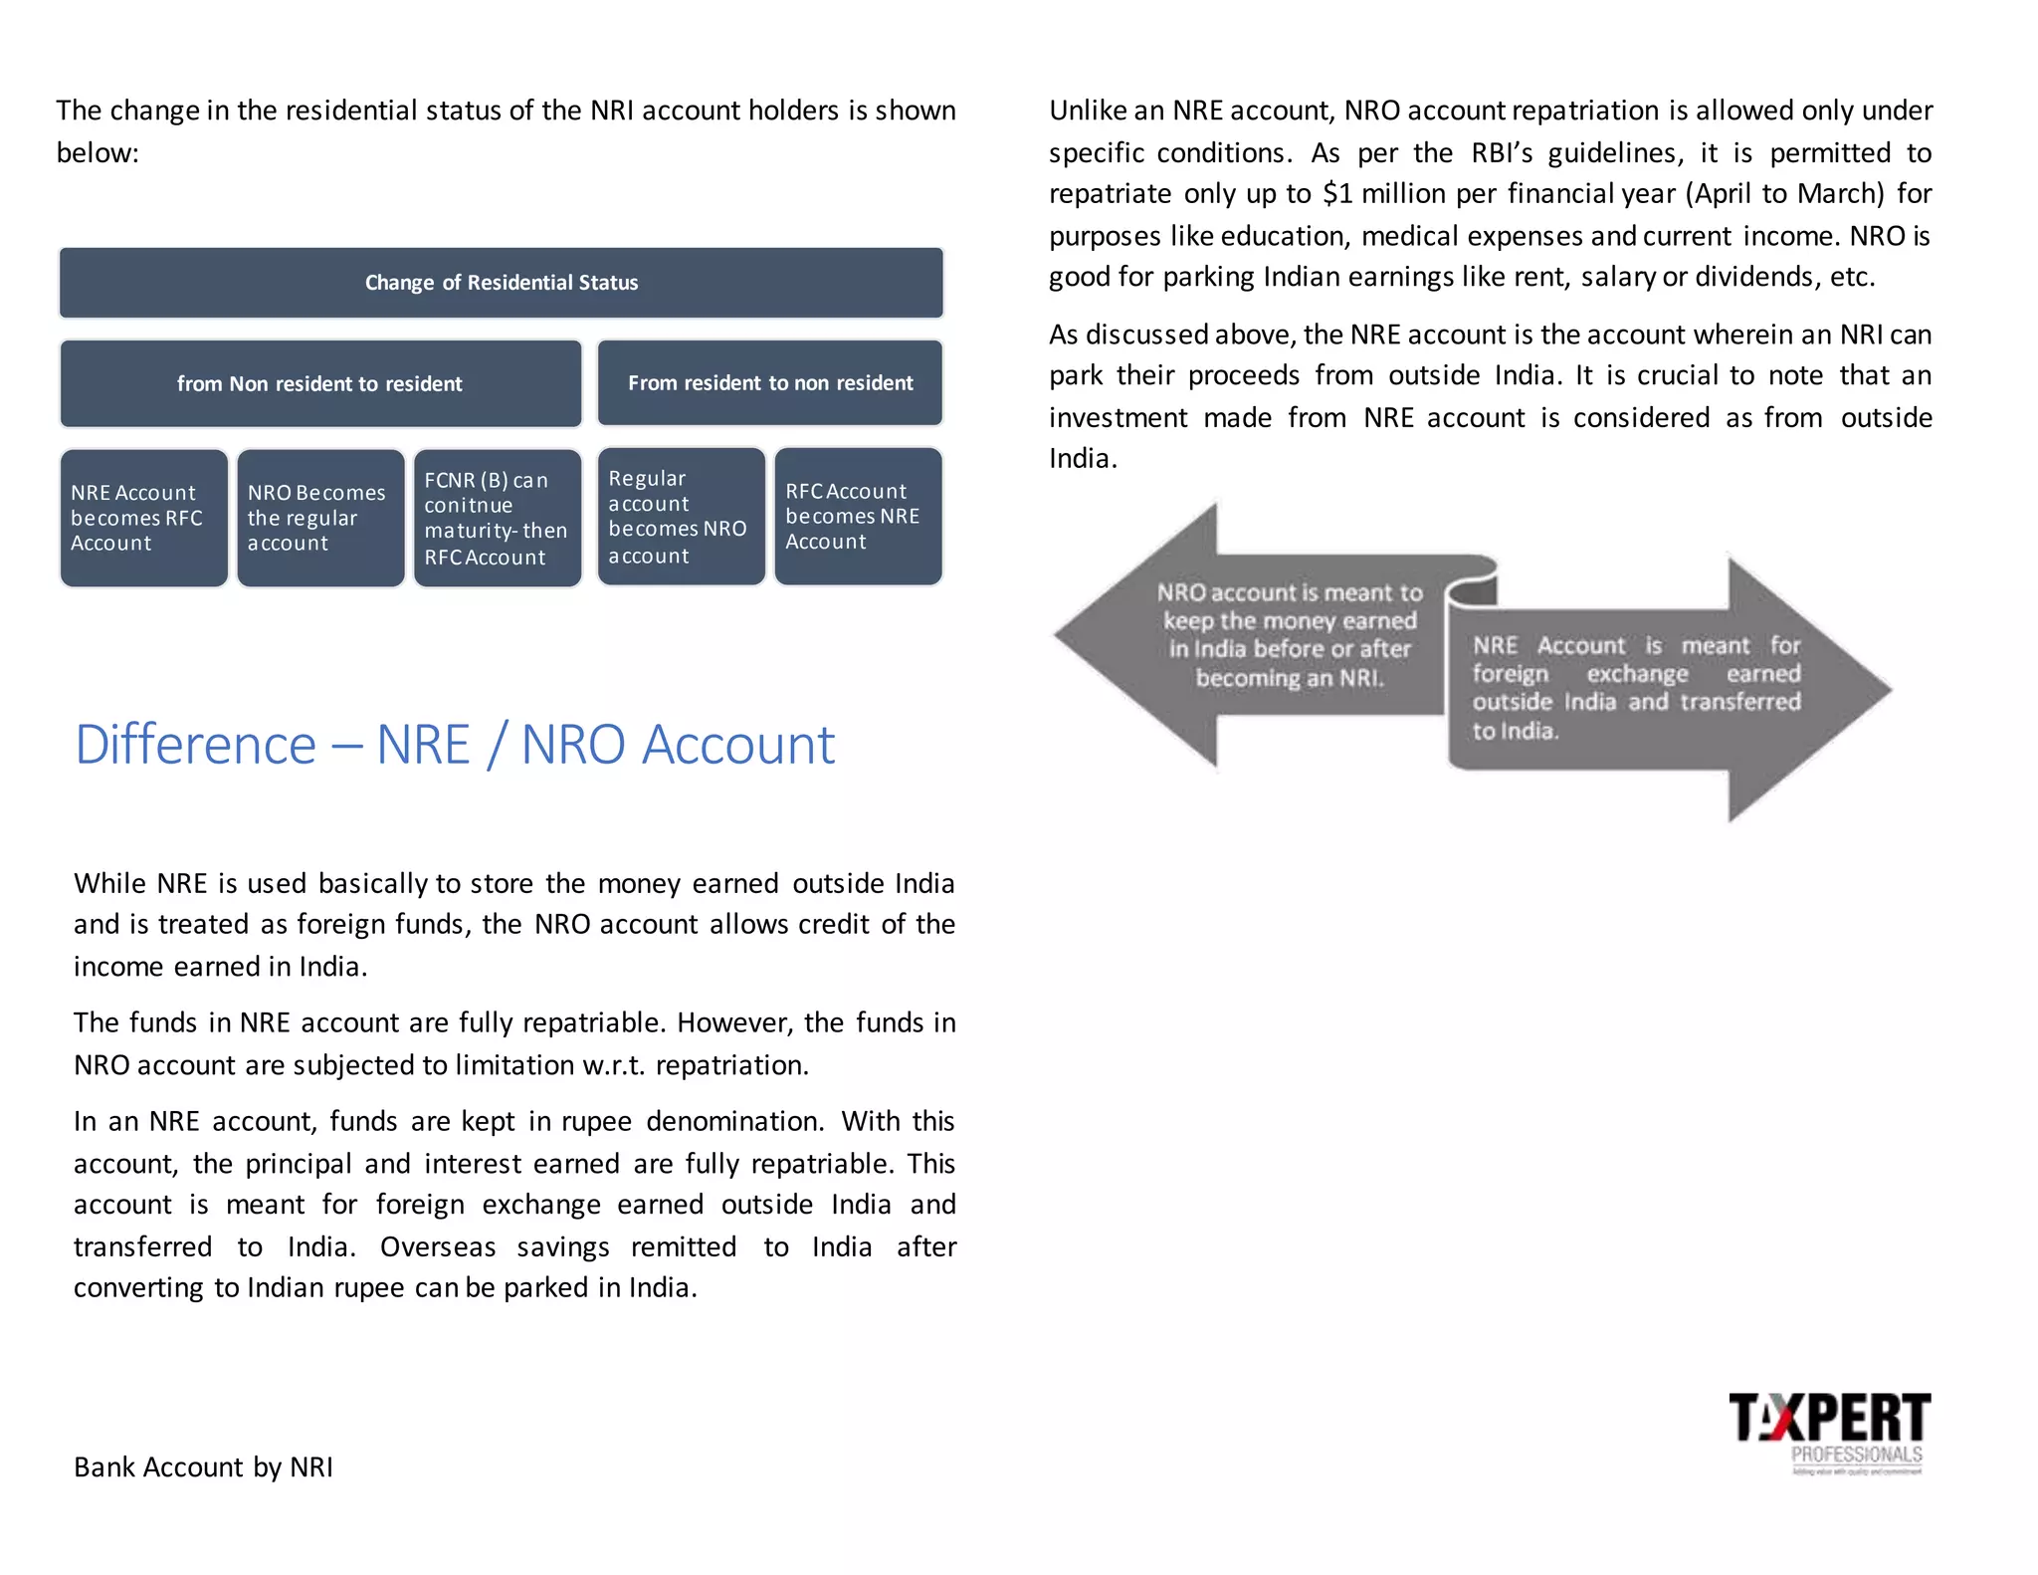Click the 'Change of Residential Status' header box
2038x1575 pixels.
tap(501, 283)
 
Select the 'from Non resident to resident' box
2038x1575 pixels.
tap(320, 383)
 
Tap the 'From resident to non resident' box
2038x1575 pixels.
tap(769, 382)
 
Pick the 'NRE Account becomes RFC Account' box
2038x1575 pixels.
tap(143, 518)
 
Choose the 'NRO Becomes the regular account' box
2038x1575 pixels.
tap(320, 518)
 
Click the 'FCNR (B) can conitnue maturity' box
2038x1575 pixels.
tap(497, 518)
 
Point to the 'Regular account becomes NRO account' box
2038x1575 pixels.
tap(681, 517)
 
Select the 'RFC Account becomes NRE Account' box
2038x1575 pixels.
tap(858, 517)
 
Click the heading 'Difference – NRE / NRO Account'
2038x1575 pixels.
tap(455, 744)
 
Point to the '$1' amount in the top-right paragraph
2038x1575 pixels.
tap(1337, 193)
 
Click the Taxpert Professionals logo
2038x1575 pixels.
tap(1829, 1432)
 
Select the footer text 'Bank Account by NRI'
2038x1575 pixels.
tap(203, 1466)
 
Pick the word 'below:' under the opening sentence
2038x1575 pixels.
tap(98, 152)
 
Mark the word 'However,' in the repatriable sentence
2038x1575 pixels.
tap(733, 1022)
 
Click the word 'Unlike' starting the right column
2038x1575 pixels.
tap(1089, 111)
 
